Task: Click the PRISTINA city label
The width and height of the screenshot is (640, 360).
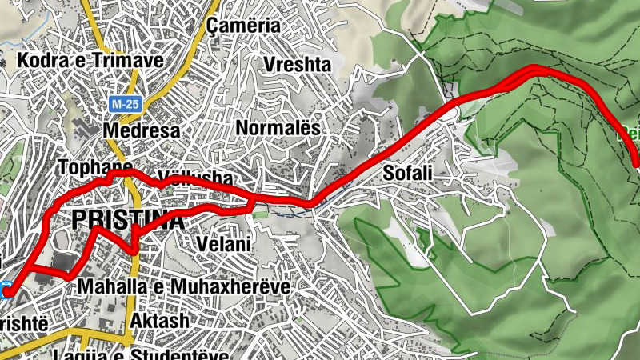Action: (x=128, y=220)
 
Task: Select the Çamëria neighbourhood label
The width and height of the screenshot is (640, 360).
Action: (x=243, y=26)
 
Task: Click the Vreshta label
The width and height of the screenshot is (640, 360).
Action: (x=296, y=64)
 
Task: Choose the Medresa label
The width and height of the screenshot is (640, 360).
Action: (x=142, y=130)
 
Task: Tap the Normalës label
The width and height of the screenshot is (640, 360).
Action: (x=278, y=127)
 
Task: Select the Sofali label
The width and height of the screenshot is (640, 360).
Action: (x=407, y=172)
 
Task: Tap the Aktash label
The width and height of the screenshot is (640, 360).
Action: (x=159, y=321)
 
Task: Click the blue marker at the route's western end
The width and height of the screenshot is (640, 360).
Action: (x=6, y=290)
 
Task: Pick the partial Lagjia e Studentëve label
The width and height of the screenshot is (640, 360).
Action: (x=140, y=354)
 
